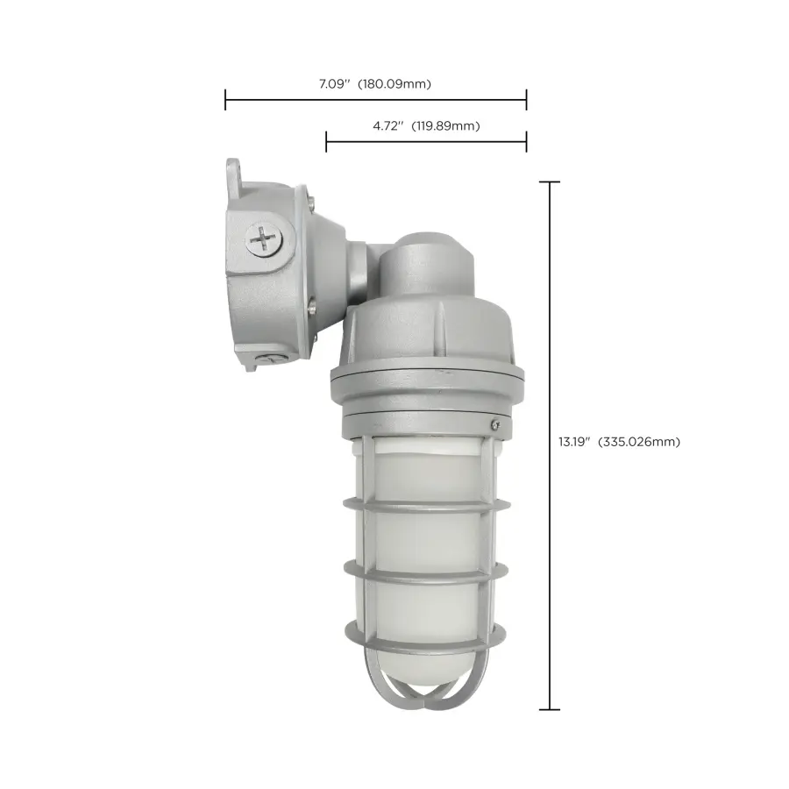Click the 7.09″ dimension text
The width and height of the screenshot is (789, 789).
pos(333,85)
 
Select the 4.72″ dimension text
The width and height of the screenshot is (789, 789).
pos(387,126)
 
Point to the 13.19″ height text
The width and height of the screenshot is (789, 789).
pos(575,442)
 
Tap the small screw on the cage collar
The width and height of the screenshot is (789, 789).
pos(496,423)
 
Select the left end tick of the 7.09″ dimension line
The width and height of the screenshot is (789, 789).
pos(226,99)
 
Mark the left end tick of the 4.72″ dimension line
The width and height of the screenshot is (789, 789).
pos(326,140)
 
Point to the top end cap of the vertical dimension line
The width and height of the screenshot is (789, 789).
pos(550,182)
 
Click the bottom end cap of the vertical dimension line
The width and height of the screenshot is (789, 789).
pos(550,709)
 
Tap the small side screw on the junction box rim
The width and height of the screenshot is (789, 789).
pos(313,306)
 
